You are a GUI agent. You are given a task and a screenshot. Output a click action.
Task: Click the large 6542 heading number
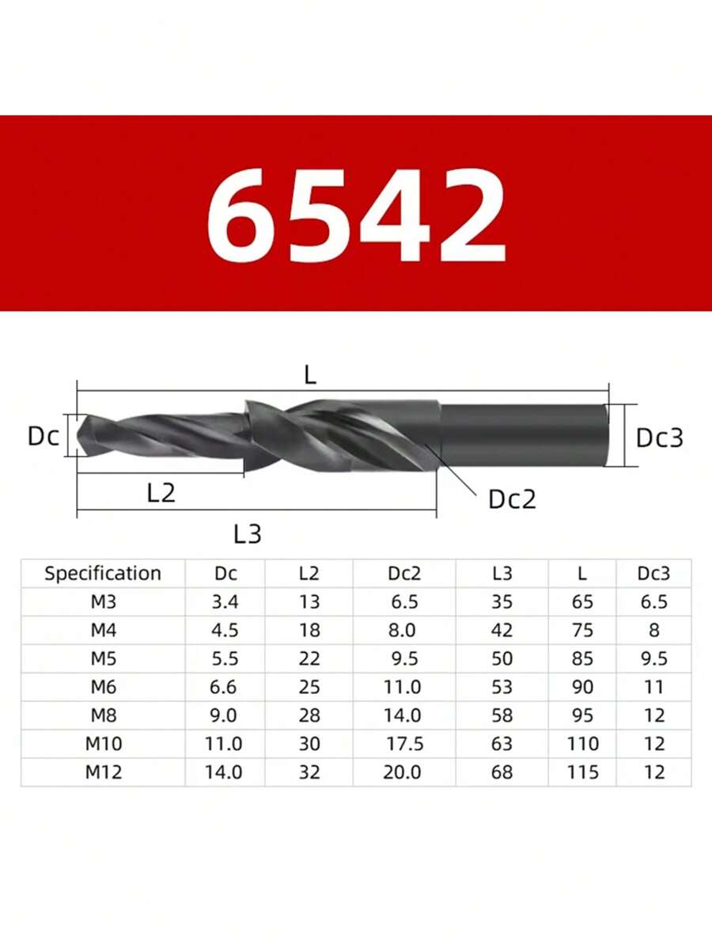(x=356, y=214)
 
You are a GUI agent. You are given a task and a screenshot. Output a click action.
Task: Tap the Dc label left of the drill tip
(x=44, y=436)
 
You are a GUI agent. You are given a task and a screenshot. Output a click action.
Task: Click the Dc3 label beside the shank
(x=660, y=438)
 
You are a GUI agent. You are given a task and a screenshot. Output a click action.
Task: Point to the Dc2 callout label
(x=512, y=499)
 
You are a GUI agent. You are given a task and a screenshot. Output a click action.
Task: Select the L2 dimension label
(x=161, y=493)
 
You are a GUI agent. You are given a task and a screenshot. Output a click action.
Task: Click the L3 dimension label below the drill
(x=248, y=534)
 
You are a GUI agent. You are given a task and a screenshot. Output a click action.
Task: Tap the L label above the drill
(x=310, y=376)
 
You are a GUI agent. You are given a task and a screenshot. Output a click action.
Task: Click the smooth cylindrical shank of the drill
(x=522, y=434)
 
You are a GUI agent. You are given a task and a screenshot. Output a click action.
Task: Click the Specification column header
(x=103, y=574)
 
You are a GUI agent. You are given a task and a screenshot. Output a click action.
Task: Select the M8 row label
(x=103, y=715)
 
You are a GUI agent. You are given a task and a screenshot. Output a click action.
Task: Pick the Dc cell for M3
(x=225, y=602)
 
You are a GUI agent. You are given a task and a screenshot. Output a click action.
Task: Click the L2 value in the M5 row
(x=309, y=659)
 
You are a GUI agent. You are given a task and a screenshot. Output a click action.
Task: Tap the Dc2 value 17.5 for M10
(x=403, y=744)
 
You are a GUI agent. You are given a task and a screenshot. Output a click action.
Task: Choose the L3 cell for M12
(x=502, y=772)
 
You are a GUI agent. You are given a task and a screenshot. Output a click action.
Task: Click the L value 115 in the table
(x=583, y=772)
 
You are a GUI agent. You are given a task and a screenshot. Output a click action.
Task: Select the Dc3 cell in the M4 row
(x=654, y=631)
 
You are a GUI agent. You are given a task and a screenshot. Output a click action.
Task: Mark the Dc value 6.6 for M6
(x=225, y=687)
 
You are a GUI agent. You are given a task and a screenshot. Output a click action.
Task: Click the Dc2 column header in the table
(x=403, y=574)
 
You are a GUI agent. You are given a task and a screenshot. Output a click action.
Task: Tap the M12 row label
(x=103, y=772)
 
